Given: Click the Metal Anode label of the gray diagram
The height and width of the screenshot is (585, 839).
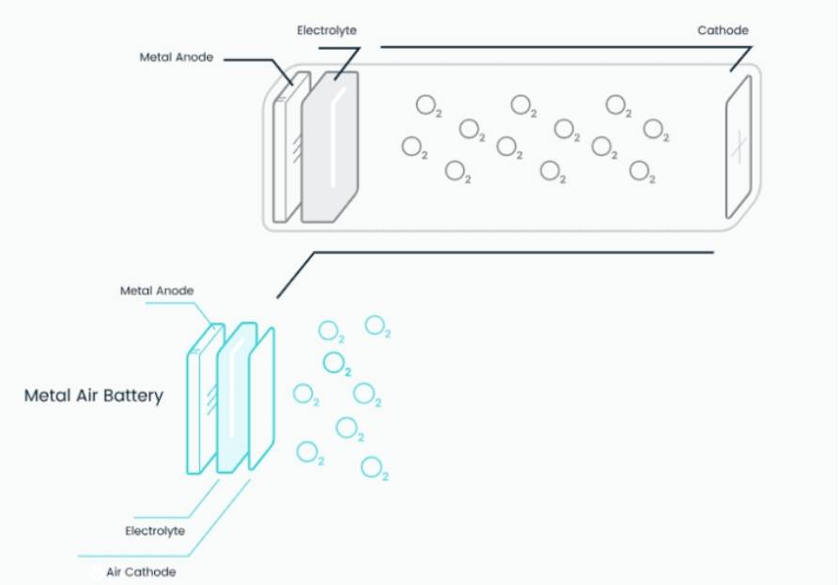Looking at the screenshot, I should click(176, 57).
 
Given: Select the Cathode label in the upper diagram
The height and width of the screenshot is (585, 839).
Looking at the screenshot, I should click(722, 31).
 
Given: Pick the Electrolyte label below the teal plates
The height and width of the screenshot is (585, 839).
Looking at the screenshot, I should click(154, 531).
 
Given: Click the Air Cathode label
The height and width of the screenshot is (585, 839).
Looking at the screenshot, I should click(140, 571).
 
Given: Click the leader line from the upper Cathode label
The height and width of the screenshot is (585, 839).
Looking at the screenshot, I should click(554, 45).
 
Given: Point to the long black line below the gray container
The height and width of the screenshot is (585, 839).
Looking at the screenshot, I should click(512, 252).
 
